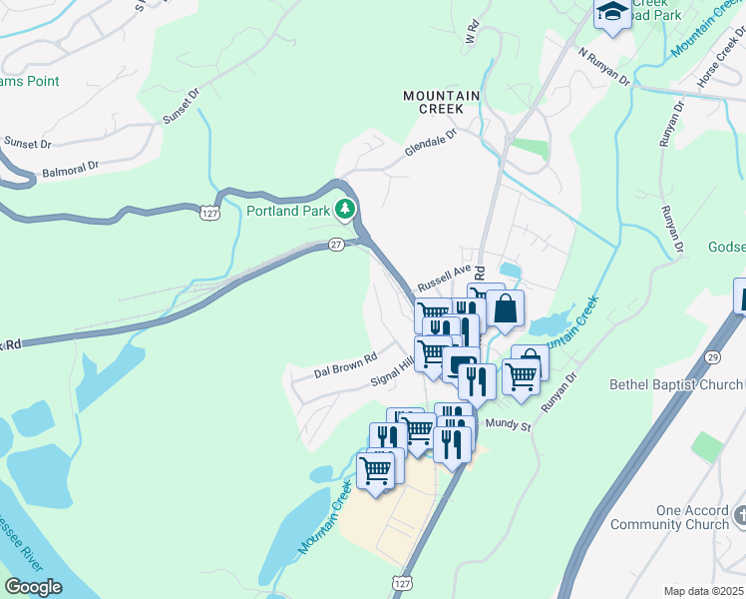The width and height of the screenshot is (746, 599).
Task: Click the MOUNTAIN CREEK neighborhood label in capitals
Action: click(x=442, y=103)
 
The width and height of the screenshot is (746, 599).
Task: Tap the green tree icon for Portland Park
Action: click(x=345, y=209)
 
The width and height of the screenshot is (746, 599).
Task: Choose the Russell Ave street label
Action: click(x=443, y=275)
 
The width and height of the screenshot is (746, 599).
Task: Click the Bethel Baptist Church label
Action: click(x=676, y=385)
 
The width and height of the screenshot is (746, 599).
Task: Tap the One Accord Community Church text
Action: click(x=678, y=517)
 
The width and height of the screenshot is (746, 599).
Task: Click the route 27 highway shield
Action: click(x=337, y=244)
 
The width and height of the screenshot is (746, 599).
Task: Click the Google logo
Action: click(x=34, y=587)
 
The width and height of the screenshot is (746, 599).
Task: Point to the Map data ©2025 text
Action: click(x=703, y=591)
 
